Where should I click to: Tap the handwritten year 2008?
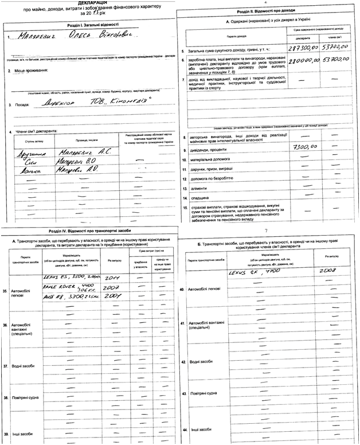327,271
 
